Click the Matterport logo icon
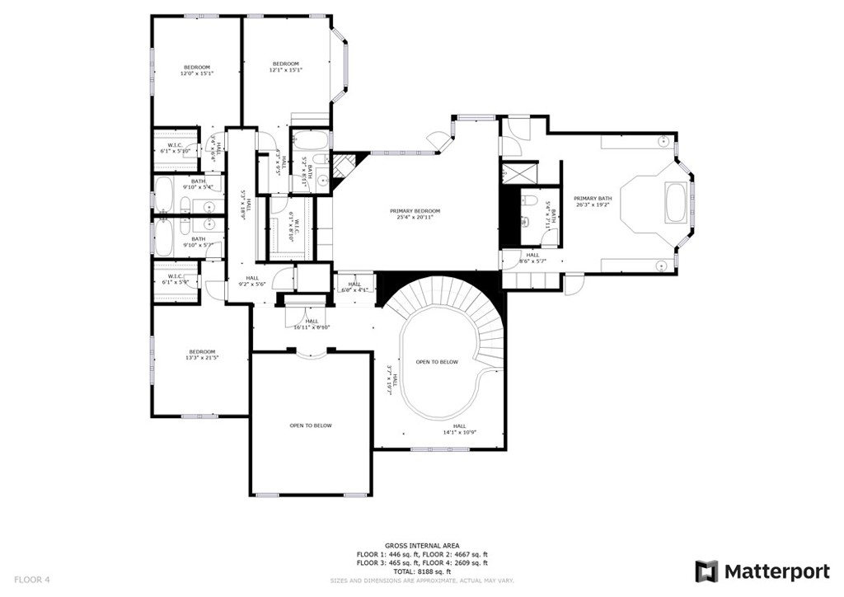pyautogui.click(x=706, y=571)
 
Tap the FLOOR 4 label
pyautogui.click(x=32, y=580)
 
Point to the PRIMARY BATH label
pyautogui.click(x=593, y=201)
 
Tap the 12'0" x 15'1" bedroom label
pyautogui.click(x=197, y=70)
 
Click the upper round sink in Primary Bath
pyautogui.click(x=662, y=141)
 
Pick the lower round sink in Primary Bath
pyautogui.click(x=662, y=265)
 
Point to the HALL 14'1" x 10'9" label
pyautogui.click(x=460, y=429)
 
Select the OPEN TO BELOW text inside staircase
pyautogui.click(x=437, y=362)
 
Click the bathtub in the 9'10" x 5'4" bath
pyautogui.click(x=163, y=195)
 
